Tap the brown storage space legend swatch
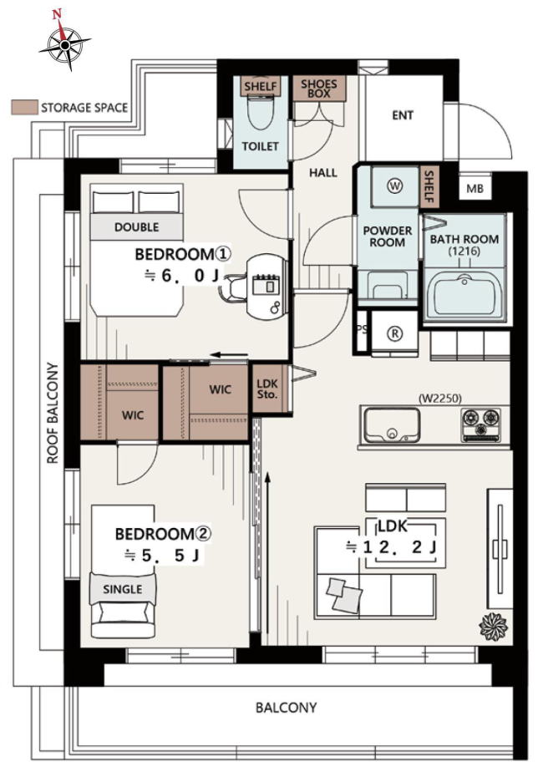(x=24, y=107)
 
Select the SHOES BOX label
(x=319, y=88)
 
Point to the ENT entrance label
(x=403, y=115)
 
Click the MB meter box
(x=474, y=188)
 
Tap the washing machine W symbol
(x=395, y=186)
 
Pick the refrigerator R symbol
(x=395, y=334)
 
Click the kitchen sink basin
(x=392, y=425)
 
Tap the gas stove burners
(x=481, y=424)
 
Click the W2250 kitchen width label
(x=440, y=399)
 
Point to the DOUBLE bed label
(x=136, y=227)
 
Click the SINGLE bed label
(x=123, y=589)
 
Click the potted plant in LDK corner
(x=493, y=627)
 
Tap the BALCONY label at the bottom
(x=286, y=708)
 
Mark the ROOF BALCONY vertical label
(x=53, y=413)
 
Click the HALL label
(x=323, y=173)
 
